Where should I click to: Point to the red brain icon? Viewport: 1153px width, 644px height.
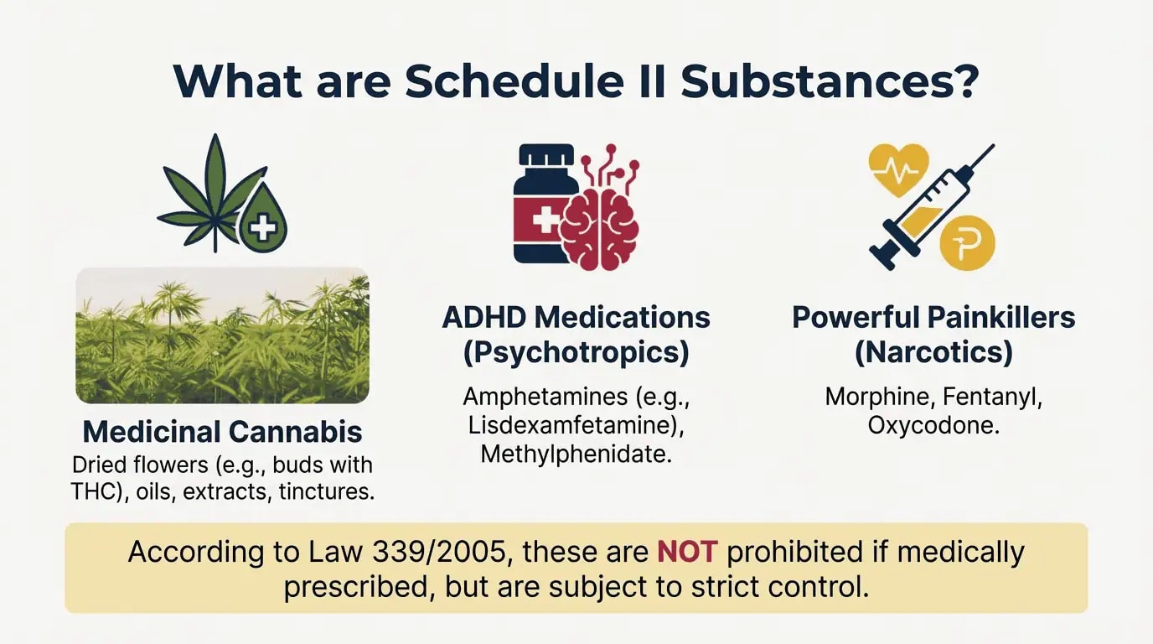(600, 220)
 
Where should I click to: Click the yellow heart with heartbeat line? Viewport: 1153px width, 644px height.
(898, 169)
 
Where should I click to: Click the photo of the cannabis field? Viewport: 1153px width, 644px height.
(222, 335)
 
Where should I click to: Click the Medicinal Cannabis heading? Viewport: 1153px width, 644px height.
(222, 432)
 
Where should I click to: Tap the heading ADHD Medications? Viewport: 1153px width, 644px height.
(576, 318)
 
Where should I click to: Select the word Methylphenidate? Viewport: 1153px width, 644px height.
(575, 454)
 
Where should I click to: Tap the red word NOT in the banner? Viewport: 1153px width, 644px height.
(687, 552)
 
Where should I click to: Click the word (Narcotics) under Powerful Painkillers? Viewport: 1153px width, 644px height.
(933, 352)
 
